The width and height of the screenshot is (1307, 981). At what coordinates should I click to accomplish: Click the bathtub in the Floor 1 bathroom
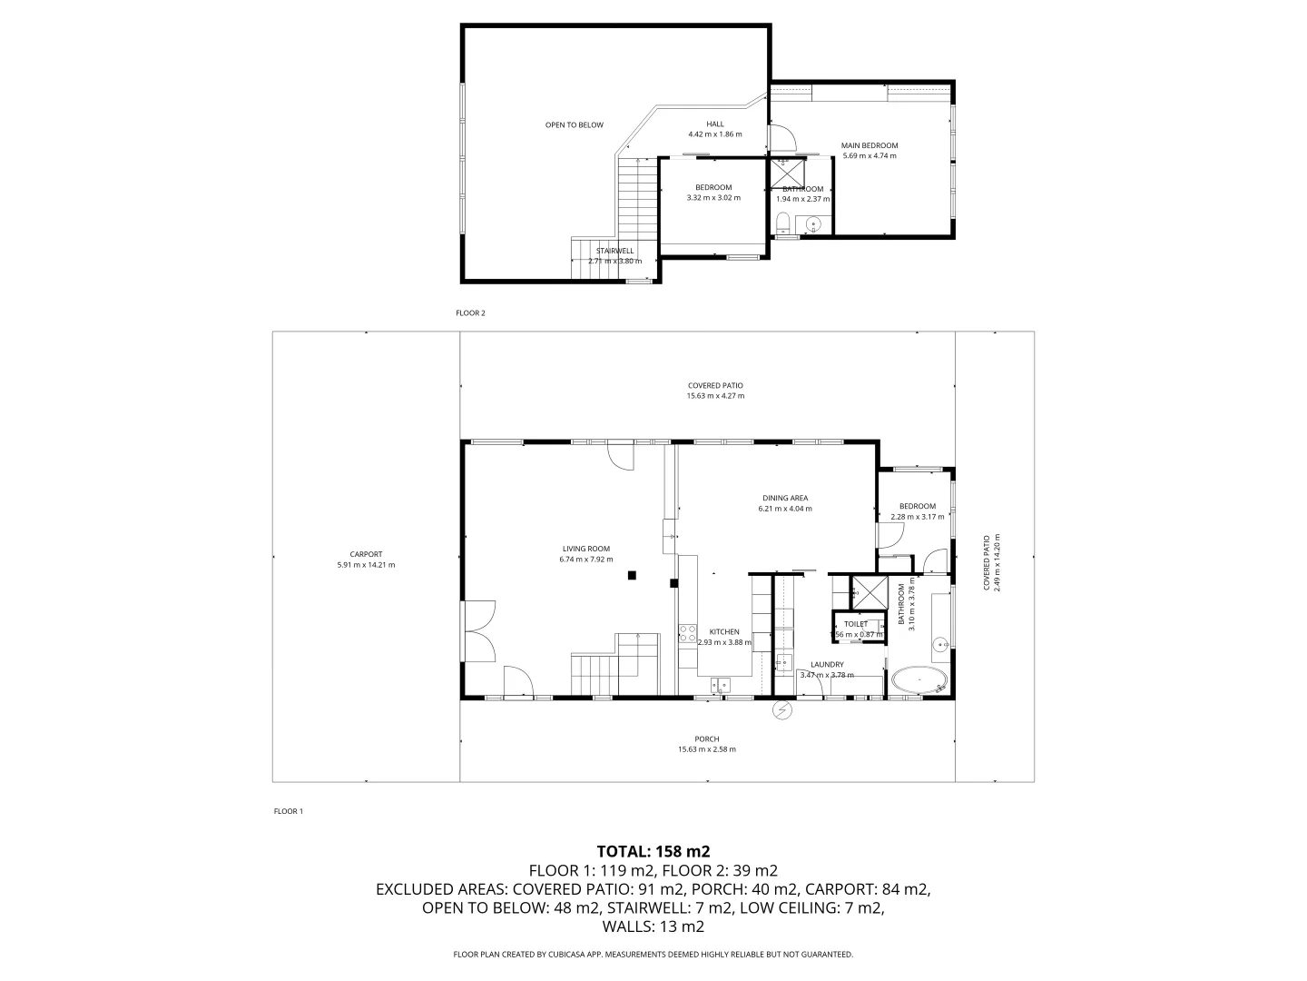pos(919,680)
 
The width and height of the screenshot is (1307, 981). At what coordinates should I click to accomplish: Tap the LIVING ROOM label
pos(585,549)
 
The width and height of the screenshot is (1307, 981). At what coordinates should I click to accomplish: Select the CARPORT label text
pos(366,554)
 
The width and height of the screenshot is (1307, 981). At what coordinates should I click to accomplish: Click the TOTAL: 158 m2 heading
pos(653,851)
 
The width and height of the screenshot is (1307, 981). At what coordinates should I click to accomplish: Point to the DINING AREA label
pos(784,498)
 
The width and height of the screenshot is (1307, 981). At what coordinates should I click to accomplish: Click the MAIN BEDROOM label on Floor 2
pos(869,145)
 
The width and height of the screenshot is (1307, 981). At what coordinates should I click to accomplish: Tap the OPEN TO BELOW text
pos(574,124)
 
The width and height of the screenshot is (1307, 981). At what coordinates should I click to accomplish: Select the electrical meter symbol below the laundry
pos(781,709)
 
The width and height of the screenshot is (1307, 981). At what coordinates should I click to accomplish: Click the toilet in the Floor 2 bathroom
pos(782,222)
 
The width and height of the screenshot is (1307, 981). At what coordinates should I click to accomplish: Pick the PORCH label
pos(706,738)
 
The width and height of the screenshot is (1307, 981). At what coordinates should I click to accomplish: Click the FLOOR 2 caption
pos(470,313)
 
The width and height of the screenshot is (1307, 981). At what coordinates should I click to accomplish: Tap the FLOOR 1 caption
pos(288,811)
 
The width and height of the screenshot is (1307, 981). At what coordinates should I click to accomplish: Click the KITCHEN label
pos(723,631)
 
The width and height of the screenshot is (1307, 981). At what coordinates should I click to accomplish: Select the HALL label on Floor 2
pos(715,124)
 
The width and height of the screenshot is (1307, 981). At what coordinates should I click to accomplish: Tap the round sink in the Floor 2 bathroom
pos(813,223)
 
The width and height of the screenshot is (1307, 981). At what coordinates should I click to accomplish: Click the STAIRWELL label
pos(614,251)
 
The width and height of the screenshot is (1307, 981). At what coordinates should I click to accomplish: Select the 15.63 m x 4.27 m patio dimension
pos(715,396)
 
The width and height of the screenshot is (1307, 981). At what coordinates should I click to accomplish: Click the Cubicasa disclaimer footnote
pos(653,954)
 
